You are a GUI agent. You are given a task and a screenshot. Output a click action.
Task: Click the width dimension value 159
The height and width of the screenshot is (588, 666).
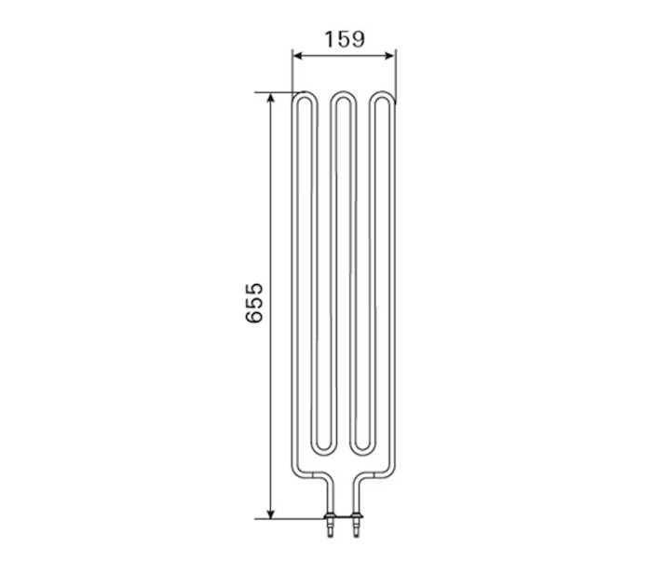[344, 39]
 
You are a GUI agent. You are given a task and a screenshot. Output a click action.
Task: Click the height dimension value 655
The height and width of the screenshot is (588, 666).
[255, 304]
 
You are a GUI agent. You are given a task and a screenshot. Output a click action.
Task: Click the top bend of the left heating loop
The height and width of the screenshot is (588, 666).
[304, 95]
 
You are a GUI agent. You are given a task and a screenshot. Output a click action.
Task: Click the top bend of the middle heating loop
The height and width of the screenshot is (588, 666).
[344, 95]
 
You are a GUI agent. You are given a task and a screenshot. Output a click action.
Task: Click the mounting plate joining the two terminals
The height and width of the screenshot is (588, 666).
[343, 518]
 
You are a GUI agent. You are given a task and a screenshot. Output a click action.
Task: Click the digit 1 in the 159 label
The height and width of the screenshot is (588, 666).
[329, 39]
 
